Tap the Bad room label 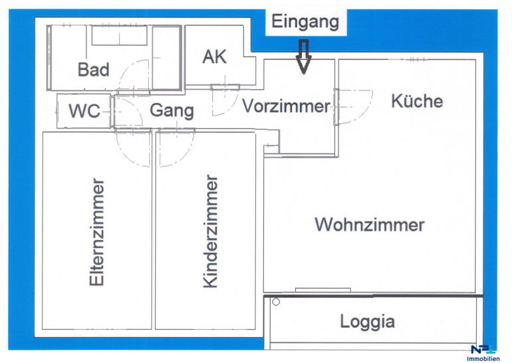94,69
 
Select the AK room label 214,57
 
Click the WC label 84,111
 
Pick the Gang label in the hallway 172,110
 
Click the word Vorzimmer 286,106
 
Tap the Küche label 417,101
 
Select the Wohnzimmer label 370,224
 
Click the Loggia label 367,322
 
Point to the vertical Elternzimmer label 97,232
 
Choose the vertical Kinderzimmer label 210,231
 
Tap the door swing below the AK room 223,100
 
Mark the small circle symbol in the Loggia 276,302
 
